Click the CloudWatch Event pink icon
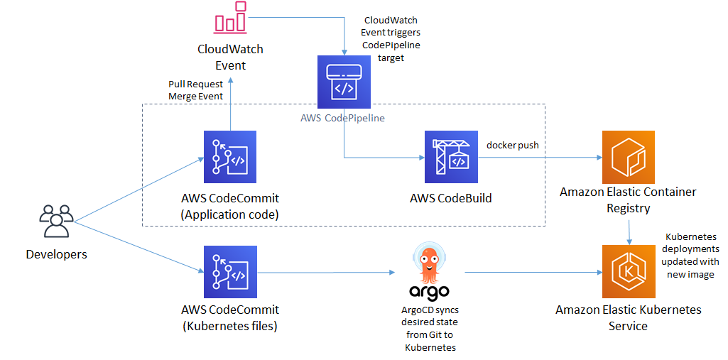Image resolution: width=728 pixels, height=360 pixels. (230, 18)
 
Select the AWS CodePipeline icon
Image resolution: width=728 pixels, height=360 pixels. (344, 82)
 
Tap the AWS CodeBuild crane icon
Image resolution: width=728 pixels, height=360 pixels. (451, 157)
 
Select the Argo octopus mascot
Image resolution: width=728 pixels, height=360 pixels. (430, 261)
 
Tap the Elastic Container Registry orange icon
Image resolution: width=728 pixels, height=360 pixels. (628, 157)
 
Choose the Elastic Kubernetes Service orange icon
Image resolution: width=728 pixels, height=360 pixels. (628, 272)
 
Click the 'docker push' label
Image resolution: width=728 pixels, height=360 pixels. (512, 146)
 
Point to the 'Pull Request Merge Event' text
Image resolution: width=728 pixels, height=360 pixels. (196, 90)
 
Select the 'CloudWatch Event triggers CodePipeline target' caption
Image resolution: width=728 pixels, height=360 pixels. (391, 39)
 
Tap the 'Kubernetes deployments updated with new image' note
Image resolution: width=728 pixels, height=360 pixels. (691, 255)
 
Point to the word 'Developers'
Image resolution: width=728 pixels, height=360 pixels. (56, 254)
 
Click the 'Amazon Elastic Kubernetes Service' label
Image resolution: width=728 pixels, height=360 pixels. (628, 317)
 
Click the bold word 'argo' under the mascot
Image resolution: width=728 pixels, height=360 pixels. (430, 291)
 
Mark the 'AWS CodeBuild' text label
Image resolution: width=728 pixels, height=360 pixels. (451, 198)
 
